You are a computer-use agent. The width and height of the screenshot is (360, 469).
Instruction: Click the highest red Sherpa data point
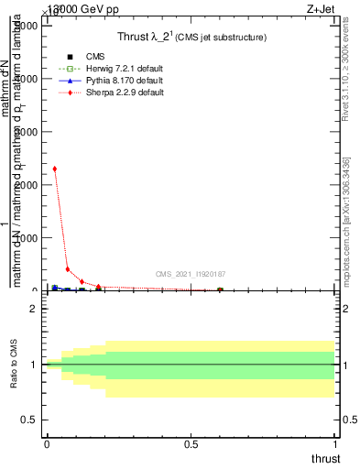click(x=55, y=169)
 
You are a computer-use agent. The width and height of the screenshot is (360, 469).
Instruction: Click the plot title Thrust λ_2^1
click(x=191, y=38)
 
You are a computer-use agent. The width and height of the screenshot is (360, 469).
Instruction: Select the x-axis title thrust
click(x=325, y=458)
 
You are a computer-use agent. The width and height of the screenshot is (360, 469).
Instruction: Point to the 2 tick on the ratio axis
click(x=32, y=309)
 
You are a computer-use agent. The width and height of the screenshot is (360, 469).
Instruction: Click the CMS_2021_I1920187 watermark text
click(x=191, y=274)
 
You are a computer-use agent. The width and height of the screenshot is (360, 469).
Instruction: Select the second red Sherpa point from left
click(x=68, y=269)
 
